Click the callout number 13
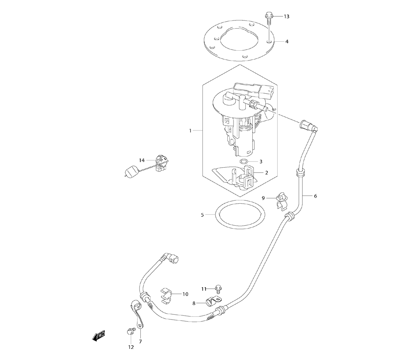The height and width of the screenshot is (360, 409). (x=286, y=16)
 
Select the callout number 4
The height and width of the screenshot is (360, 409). (x=286, y=41)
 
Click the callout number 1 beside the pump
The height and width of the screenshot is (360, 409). (x=190, y=131)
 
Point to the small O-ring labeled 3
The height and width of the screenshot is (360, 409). (x=243, y=162)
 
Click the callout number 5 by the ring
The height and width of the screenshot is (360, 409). (x=202, y=214)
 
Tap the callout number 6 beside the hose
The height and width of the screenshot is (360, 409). (x=315, y=196)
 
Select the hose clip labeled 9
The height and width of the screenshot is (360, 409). (x=281, y=198)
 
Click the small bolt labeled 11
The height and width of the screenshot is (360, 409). (x=218, y=288)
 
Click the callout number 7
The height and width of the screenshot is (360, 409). (x=140, y=342)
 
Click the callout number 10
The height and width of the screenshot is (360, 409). (x=185, y=294)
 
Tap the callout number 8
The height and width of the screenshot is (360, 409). (x=194, y=304)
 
